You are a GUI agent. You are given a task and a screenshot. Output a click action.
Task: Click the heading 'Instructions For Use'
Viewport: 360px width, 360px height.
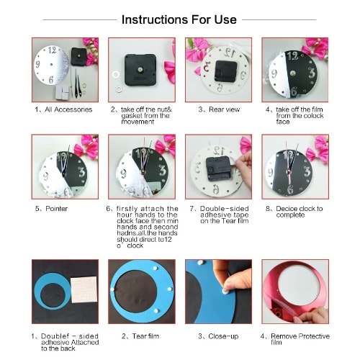(179, 19)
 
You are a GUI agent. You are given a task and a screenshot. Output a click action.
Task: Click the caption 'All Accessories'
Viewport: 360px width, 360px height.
(68, 109)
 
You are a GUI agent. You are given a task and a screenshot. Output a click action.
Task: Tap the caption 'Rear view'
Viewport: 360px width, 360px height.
(224, 109)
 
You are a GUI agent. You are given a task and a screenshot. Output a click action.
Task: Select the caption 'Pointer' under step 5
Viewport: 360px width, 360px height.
(56, 209)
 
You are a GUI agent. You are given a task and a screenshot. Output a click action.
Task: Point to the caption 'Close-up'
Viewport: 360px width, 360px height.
(223, 336)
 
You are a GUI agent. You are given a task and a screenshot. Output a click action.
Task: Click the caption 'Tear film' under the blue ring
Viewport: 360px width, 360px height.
(145, 336)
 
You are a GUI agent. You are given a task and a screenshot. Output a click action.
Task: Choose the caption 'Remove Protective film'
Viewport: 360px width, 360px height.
(300, 339)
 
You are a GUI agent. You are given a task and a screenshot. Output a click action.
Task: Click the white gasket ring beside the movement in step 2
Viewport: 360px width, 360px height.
(116, 75)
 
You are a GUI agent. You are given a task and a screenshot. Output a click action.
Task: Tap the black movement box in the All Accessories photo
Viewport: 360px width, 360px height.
(78, 56)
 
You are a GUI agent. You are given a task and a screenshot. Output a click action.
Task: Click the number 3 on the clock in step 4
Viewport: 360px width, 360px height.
(312, 73)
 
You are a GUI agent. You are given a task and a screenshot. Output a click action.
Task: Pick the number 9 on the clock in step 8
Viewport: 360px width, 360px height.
(271, 173)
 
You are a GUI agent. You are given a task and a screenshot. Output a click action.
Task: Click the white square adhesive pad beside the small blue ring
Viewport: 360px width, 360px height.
(84, 289)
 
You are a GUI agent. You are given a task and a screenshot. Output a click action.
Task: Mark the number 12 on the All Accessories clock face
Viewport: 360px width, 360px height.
(52, 50)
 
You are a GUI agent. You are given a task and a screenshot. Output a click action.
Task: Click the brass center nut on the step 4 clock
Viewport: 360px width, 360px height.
(292, 73)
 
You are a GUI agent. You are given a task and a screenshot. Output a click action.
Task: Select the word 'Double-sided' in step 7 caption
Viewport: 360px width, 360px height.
(224, 209)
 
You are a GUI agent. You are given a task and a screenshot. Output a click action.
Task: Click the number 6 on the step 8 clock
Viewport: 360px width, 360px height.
(290, 189)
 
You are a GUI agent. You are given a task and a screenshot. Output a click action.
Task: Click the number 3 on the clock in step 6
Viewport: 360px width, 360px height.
(162, 171)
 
